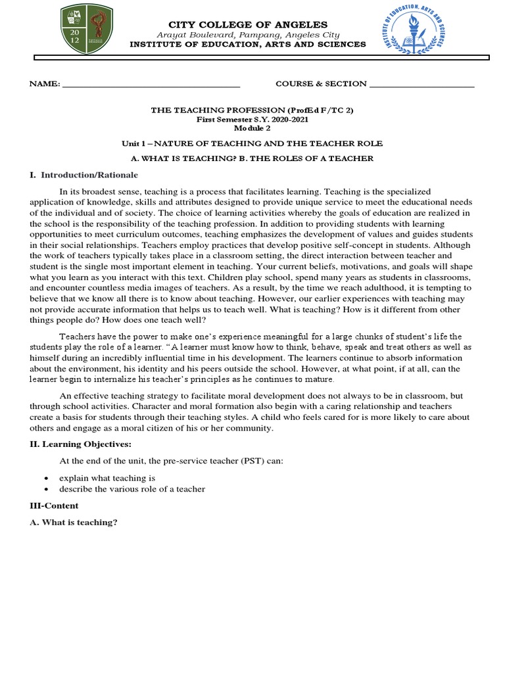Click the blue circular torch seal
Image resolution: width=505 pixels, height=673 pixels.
413,31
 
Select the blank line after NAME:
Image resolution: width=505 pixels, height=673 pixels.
151,85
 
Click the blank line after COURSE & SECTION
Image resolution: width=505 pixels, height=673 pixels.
421,85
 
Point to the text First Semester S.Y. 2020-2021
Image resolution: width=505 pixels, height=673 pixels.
252,119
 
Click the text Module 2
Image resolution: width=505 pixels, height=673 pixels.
252,128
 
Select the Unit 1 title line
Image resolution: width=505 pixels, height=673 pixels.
252,143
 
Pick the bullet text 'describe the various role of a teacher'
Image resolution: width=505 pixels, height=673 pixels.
133,489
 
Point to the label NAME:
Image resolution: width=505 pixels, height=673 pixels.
44,84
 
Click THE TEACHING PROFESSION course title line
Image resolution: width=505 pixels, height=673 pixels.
252,110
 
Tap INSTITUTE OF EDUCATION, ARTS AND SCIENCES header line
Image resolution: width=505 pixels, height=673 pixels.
247,44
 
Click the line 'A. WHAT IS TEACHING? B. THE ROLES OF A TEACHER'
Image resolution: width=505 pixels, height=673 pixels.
252,158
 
